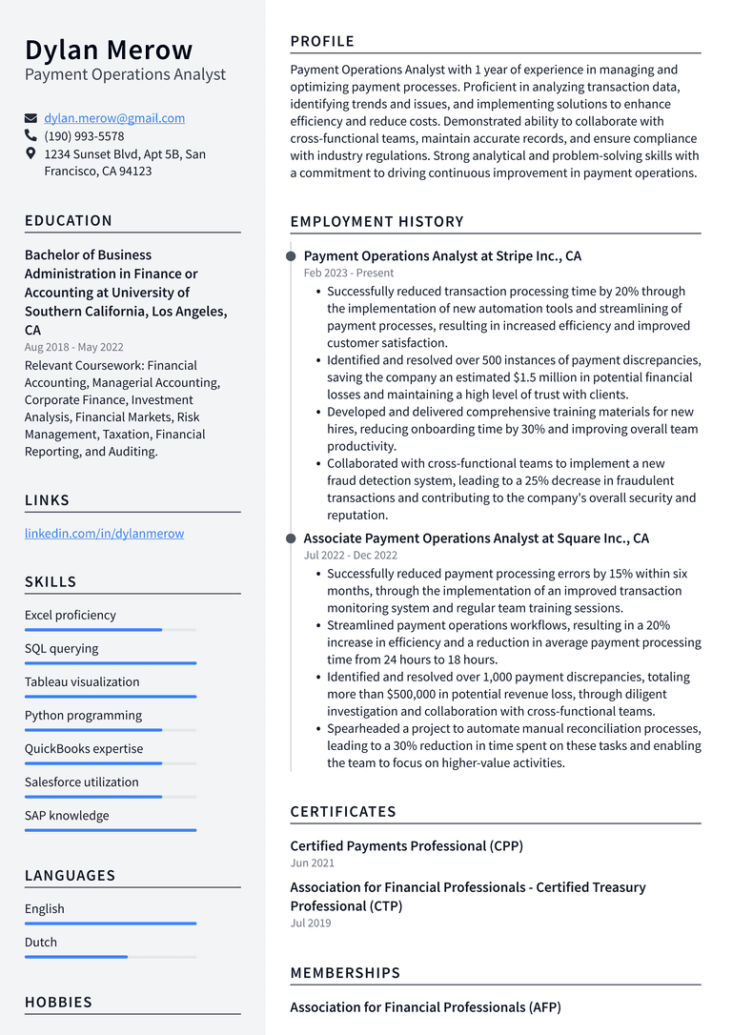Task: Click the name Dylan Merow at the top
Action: click(109, 50)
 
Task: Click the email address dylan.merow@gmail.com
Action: click(114, 118)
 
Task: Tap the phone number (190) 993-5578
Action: click(84, 136)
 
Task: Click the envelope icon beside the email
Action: click(31, 118)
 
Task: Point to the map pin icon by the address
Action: click(31, 153)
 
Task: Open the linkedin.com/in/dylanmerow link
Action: click(104, 534)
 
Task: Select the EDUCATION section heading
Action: click(69, 220)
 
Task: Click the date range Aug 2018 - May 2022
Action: click(73, 347)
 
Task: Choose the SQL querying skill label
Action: click(61, 649)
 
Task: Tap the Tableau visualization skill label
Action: click(82, 682)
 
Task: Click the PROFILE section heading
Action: click(322, 41)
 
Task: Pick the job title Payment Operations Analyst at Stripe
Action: click(441, 256)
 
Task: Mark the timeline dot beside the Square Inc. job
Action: click(291, 538)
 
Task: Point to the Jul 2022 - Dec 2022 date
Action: click(350, 555)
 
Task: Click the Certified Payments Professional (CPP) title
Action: click(406, 846)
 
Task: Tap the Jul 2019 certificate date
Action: click(311, 923)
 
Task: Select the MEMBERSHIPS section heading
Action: click(345, 973)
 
